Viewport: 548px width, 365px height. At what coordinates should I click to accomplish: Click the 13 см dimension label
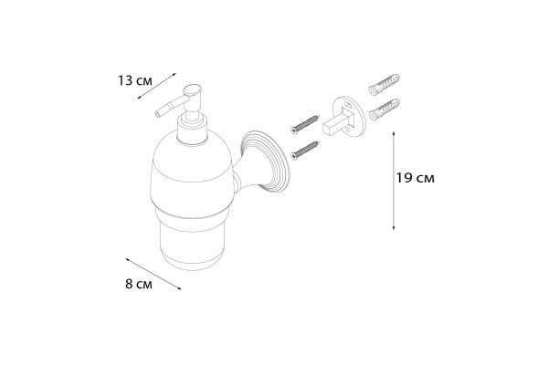click(134, 80)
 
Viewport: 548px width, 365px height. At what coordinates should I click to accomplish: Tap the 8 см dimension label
click(139, 284)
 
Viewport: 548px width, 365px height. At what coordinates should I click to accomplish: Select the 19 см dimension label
click(416, 178)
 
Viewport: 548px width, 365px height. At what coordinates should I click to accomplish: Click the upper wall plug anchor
click(385, 84)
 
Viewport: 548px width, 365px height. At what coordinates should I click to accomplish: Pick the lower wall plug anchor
click(385, 109)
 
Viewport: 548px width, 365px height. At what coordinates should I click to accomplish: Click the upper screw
click(305, 124)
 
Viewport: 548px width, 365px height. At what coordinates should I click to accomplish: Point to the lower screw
click(305, 151)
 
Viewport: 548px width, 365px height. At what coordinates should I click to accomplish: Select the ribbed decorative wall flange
click(265, 160)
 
